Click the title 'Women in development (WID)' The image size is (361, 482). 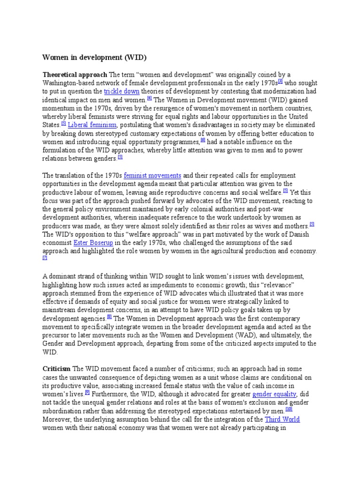pos(94,57)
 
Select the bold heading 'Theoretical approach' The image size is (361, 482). pos(75,75)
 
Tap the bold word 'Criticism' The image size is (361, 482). pos(56,368)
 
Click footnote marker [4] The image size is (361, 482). pos(149,98)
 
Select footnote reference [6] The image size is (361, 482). pos(203,140)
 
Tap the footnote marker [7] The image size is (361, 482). pos(45,258)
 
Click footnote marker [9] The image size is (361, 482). pos(87,392)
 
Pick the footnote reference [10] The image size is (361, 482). pos(289,409)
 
